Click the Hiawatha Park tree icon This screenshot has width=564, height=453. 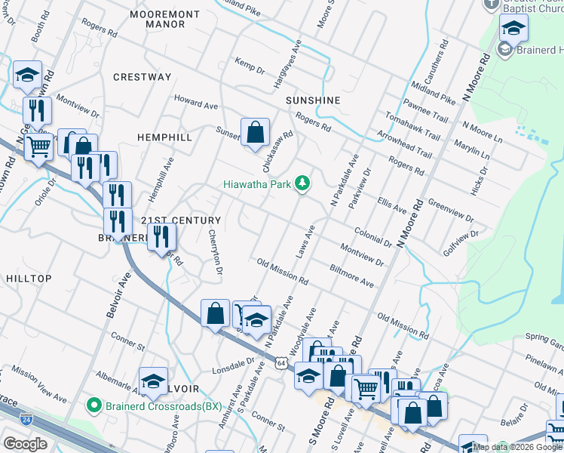coord(302,183)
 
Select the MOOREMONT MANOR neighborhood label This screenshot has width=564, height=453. coord(164,19)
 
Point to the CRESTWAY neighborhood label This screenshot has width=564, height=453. coord(143,77)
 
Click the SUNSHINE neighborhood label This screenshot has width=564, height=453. coord(313,100)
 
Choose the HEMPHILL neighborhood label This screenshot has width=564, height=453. coord(164,137)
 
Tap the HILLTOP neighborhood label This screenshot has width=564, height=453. coord(29,279)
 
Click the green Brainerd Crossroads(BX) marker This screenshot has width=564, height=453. coord(94,405)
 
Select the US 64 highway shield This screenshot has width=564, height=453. coord(280,363)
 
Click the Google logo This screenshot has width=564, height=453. coord(25,444)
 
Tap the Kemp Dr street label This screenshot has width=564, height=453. coord(250,64)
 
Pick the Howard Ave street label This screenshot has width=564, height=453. coord(195,102)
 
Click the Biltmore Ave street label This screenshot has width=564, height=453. coord(352,276)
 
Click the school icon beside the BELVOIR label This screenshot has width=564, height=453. coord(153,383)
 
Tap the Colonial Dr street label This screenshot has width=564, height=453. coord(372,238)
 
